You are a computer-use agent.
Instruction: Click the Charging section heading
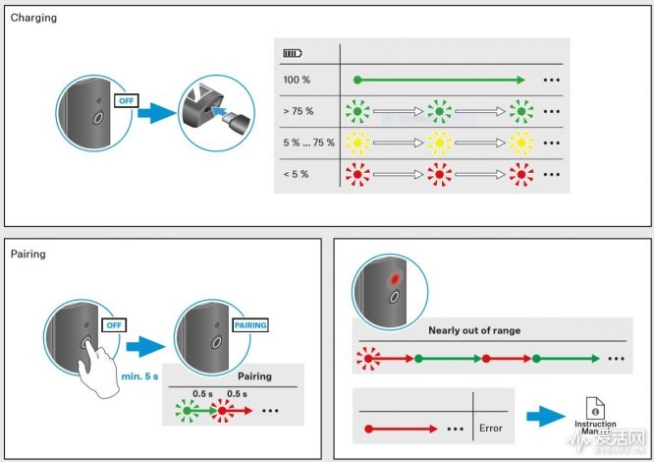click(x=33, y=18)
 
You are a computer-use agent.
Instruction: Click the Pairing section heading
click(x=28, y=254)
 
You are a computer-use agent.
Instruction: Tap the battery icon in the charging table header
click(x=294, y=53)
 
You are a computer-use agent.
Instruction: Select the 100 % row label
click(x=296, y=80)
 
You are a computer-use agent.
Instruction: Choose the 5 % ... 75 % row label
click(x=308, y=143)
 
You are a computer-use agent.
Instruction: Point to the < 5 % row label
click(x=296, y=173)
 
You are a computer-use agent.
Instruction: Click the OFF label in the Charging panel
click(x=127, y=101)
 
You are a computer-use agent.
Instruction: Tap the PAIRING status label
click(x=249, y=325)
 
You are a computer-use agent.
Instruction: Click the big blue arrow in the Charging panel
click(x=157, y=115)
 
